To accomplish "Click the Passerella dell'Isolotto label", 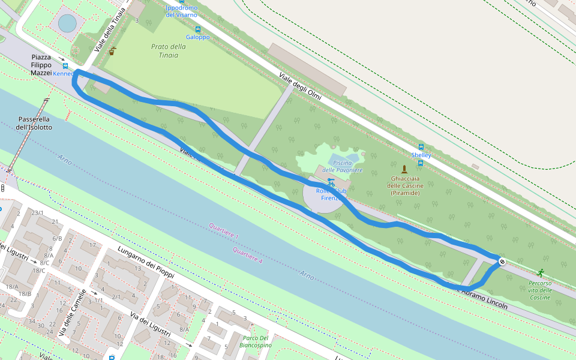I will (x=34, y=123).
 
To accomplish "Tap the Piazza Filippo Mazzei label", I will (x=41, y=65).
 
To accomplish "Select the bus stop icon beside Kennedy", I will (x=65, y=66).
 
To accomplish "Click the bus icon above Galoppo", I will (x=197, y=29).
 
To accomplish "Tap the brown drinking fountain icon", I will (x=112, y=52).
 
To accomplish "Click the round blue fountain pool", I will (x=67, y=23).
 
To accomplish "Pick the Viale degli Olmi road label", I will (x=300, y=86).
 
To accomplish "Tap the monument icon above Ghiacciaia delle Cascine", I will (x=404, y=169).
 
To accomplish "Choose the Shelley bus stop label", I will (x=421, y=155).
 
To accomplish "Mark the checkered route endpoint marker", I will (x=501, y=261).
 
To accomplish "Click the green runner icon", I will (x=541, y=272).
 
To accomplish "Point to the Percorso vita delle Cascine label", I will (x=539, y=290).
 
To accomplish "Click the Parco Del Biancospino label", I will (x=255, y=341).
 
